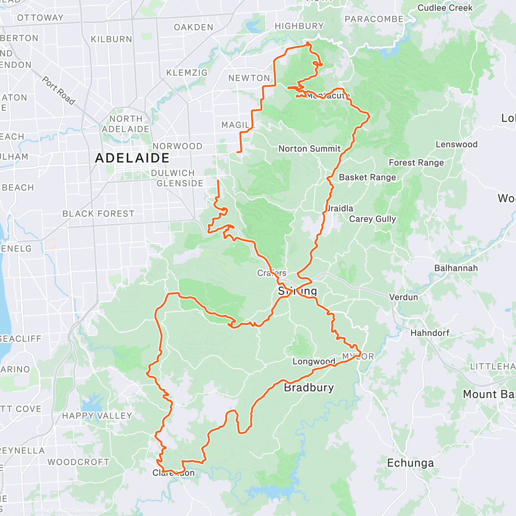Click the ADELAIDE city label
[132, 158]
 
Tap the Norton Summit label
[309, 149]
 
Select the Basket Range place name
[367, 177]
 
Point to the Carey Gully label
[372, 219]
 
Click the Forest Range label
[416, 163]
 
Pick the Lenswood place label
[456, 144]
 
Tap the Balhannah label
[456, 268]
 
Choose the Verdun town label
[403, 297]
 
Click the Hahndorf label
[430, 333]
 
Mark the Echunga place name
[410, 463]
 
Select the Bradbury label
[309, 388]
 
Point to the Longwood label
[313, 362]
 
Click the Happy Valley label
[97, 416]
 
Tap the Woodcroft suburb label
[78, 462]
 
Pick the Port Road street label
[58, 91]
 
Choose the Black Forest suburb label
[98, 214]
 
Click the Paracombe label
[374, 19]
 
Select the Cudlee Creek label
[445, 8]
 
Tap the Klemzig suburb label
[187, 73]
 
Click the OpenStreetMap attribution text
[90, 510]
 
